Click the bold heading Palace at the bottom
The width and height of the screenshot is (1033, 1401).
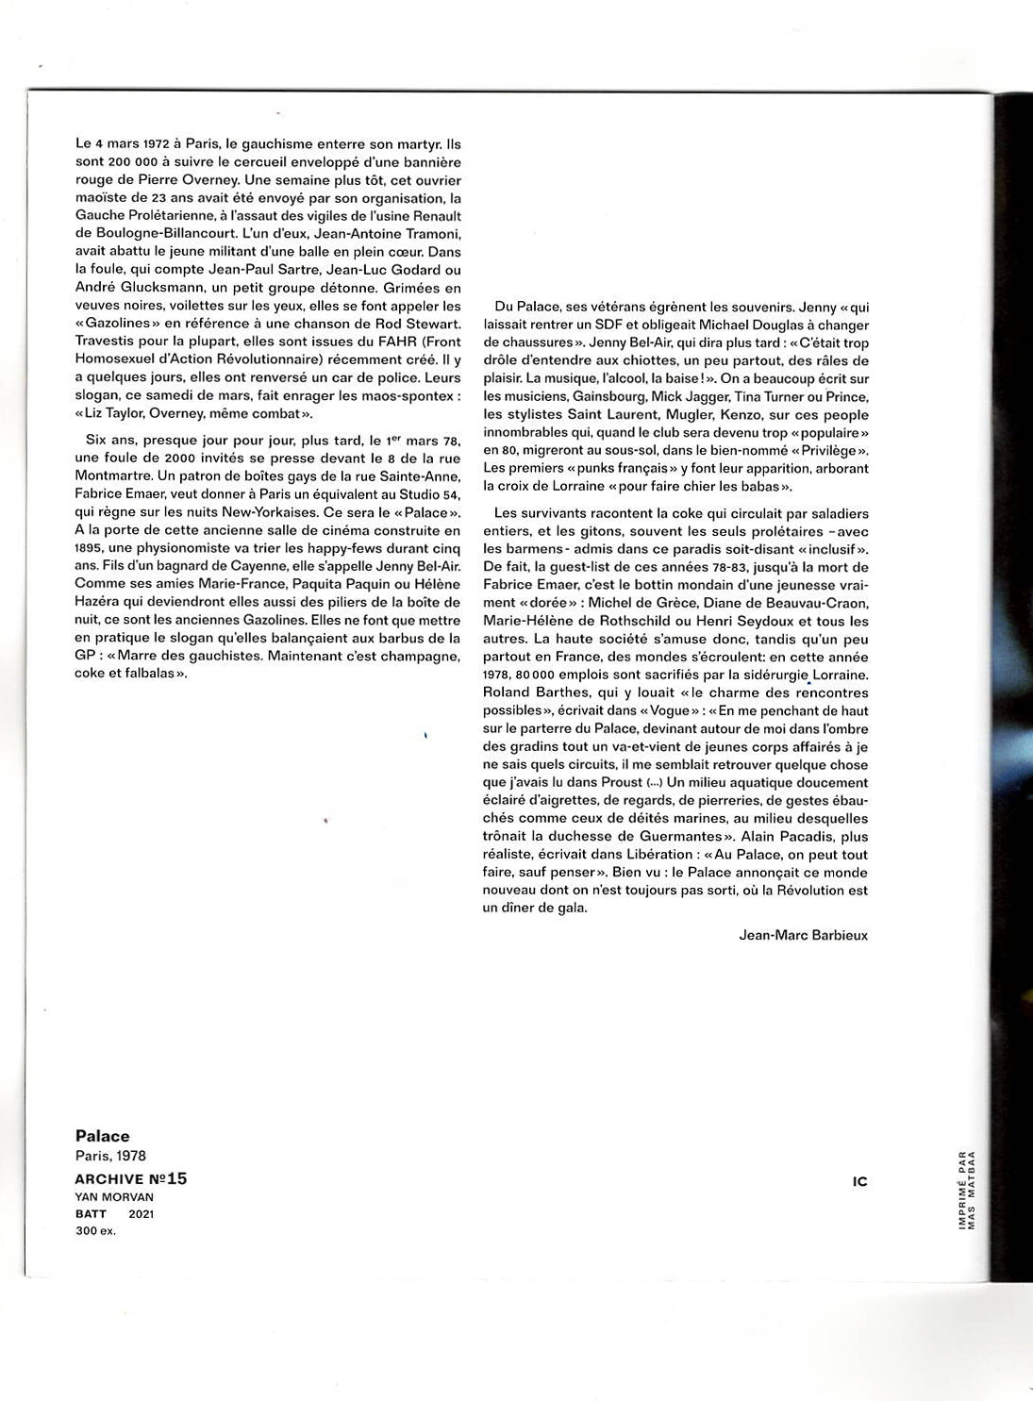pyautogui.click(x=102, y=1136)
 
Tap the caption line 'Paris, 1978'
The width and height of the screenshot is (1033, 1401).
pyautogui.click(x=110, y=1156)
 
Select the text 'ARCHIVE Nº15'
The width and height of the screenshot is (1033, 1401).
pyautogui.click(x=131, y=1178)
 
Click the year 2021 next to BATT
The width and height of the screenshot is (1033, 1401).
pyautogui.click(x=142, y=1214)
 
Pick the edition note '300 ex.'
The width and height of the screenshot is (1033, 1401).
pyautogui.click(x=95, y=1231)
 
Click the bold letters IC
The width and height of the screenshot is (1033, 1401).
pyautogui.click(x=858, y=1181)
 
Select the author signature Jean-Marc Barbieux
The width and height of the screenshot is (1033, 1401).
pyautogui.click(x=804, y=935)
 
